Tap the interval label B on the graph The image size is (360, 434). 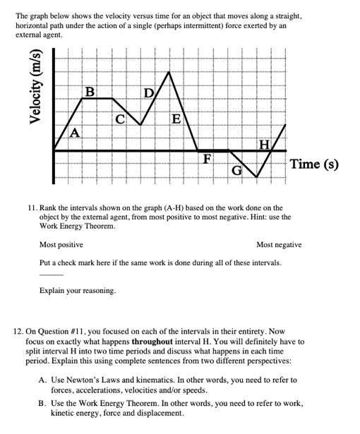pyautogui.click(x=90, y=92)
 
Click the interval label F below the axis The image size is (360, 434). pyautogui.click(x=208, y=158)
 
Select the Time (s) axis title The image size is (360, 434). pyautogui.click(x=315, y=165)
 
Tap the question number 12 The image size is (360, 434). pyautogui.click(x=21, y=330)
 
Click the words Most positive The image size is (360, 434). pyautogui.click(x=61, y=245)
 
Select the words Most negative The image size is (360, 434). pyautogui.click(x=279, y=245)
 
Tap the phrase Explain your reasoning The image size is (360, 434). pyautogui.click(x=78, y=291)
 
